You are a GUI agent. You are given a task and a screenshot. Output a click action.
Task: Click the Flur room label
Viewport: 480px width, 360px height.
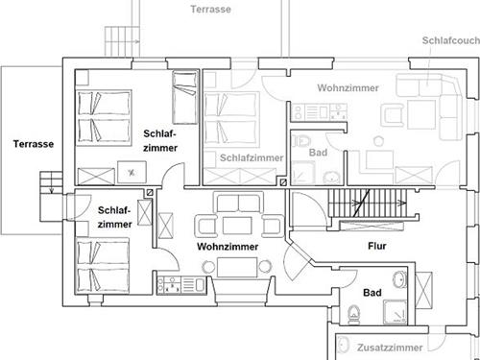[x=377, y=246]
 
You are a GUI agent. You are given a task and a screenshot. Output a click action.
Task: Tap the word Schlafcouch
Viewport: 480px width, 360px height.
[x=451, y=40]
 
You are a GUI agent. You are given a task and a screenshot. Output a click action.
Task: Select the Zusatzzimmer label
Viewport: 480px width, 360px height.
[x=390, y=348]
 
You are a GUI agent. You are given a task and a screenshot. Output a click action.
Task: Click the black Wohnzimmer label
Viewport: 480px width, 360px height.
[x=228, y=247]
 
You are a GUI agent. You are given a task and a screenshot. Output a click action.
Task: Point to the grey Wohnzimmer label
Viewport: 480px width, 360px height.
[x=348, y=87]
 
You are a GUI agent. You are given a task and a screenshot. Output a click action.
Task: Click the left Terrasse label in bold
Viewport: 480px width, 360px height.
[x=34, y=144]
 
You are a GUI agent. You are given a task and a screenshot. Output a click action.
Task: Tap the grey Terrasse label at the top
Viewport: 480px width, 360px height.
[x=210, y=9]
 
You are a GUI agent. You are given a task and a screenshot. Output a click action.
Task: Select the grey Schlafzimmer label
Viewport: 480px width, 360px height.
[x=252, y=157]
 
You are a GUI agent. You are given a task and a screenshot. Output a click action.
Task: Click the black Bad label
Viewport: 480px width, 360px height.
[x=372, y=293]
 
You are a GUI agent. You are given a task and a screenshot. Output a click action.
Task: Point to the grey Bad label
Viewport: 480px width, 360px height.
[x=318, y=153]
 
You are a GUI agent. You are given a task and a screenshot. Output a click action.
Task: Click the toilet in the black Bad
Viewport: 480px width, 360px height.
[x=353, y=314]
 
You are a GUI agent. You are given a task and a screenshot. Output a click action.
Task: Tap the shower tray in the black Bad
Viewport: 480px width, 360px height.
[x=396, y=312]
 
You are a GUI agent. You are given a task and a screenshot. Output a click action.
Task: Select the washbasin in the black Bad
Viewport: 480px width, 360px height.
[x=399, y=279]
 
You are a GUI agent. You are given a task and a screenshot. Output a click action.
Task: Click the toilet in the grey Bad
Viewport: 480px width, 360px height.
[x=301, y=140]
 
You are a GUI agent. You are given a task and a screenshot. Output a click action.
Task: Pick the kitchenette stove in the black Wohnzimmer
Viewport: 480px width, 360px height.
[x=169, y=285]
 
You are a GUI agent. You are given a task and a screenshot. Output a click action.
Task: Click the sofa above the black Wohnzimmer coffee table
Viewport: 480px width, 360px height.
[x=238, y=203]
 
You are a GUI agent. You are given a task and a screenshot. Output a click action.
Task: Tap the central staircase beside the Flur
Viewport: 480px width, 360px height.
[x=368, y=203]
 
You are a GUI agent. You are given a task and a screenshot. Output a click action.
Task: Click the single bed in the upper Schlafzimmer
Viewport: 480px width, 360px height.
[x=184, y=97]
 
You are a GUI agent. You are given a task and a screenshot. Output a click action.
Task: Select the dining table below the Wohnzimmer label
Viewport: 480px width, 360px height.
[x=237, y=267]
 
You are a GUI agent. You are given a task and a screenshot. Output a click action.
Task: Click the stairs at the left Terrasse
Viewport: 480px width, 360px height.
[x=51, y=182]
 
